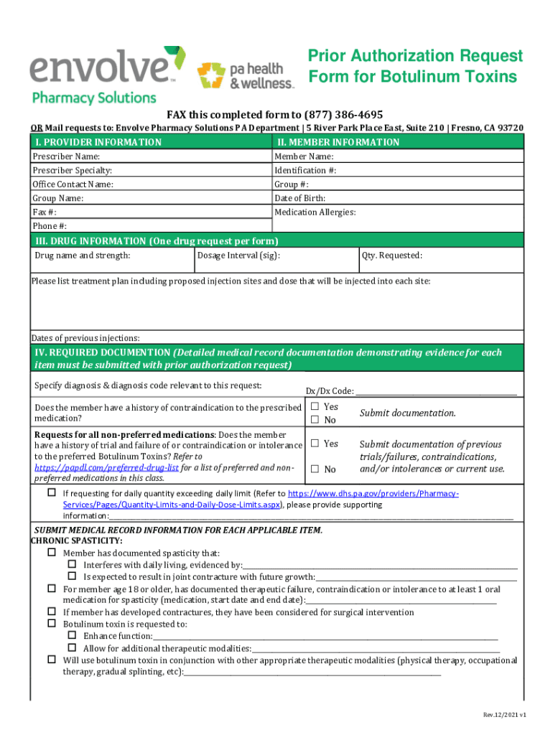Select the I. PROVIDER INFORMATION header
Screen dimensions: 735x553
click(x=97, y=142)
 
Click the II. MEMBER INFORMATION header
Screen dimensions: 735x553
click(x=338, y=142)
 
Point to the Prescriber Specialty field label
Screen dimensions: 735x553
click(x=72, y=170)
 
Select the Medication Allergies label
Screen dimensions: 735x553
click(x=315, y=212)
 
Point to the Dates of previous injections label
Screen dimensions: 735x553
click(x=85, y=338)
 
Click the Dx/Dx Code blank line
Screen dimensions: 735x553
click(x=436, y=391)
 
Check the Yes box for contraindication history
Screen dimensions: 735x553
click(x=314, y=407)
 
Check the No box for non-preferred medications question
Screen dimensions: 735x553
click(x=314, y=469)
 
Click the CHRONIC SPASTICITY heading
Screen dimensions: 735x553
click(x=76, y=540)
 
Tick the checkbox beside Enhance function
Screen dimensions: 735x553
click(x=73, y=636)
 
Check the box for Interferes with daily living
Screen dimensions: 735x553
click(x=73, y=565)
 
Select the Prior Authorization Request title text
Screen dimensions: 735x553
click(x=415, y=56)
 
